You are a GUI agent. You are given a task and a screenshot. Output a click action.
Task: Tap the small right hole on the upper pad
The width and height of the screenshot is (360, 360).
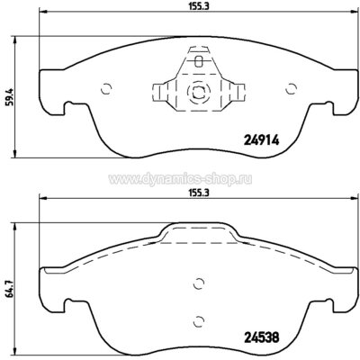[290, 88]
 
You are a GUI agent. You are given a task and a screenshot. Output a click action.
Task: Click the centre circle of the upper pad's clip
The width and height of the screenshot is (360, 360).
[197, 90]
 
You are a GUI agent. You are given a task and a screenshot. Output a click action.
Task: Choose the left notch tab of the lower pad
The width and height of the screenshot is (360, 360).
[51, 308]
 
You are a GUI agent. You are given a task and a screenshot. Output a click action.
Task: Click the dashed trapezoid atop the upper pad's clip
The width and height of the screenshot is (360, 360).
[197, 61]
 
